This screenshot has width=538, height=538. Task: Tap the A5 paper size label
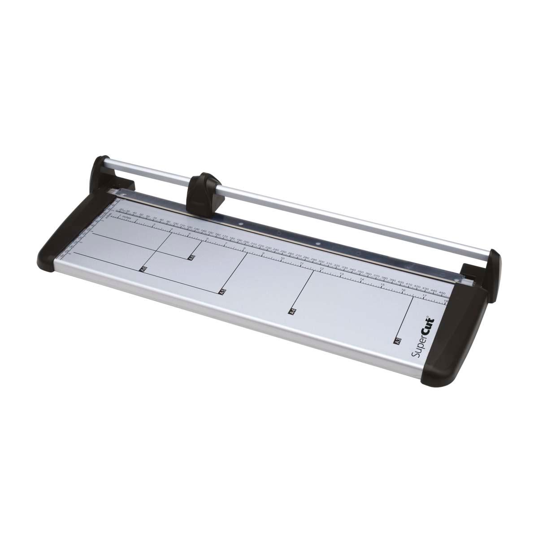pyautogui.click(x=221, y=291)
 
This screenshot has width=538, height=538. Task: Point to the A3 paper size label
pyautogui.click(x=396, y=341)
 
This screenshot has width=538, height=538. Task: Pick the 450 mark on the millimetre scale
pyautogui.click(x=442, y=293)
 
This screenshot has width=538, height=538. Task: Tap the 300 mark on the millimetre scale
pyautogui.click(x=321, y=260)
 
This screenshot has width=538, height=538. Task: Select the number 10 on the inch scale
pyautogui.click(x=282, y=258)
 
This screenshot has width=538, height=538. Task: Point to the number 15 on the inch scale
pyautogui.click(x=382, y=285)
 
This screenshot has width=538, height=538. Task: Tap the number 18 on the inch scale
pyautogui.click(x=446, y=302)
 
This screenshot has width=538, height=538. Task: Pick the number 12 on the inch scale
pyautogui.click(x=321, y=269)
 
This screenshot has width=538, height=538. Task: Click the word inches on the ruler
pyautogui.click(x=127, y=217)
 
